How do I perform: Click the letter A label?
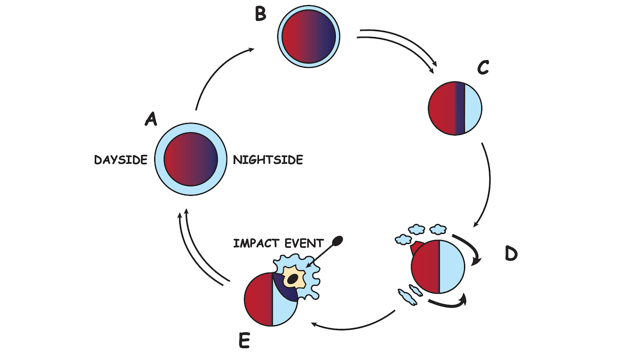[x=150, y=118]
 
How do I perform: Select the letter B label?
[x=260, y=14]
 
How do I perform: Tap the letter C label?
[x=483, y=67]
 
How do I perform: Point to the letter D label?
[x=510, y=254]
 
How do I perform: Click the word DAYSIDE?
[x=121, y=160]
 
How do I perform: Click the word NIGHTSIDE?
[x=268, y=160]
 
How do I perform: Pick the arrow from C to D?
[x=487, y=186]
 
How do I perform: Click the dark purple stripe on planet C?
[x=460, y=108]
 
